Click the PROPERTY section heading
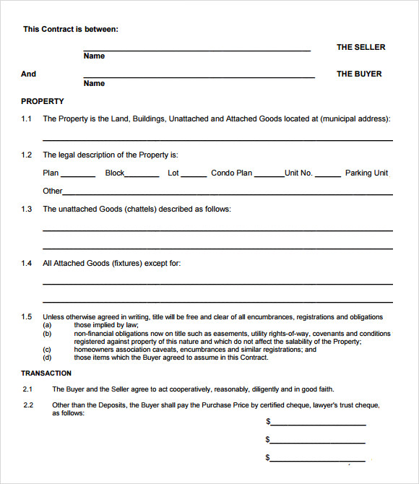point(43,101)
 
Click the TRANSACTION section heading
point(46,373)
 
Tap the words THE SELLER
point(360,47)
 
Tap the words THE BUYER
point(359,74)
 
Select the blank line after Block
point(142,176)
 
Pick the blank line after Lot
point(194,176)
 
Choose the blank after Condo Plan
point(269,176)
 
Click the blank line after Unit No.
point(328,176)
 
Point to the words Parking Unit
point(366,173)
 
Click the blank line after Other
point(228,194)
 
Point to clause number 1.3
point(27,209)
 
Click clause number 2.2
point(28,405)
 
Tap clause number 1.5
point(27,317)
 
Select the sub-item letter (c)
point(47,350)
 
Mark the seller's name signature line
point(196,50)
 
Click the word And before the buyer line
point(28,74)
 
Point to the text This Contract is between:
point(70,29)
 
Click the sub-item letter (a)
point(47,325)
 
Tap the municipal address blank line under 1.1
point(217,139)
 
